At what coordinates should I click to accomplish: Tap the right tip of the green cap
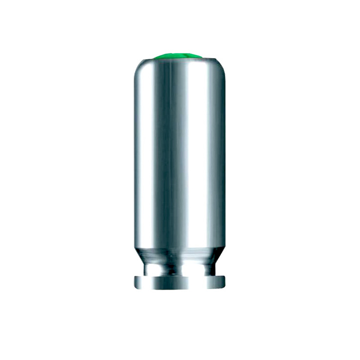(x=203, y=57)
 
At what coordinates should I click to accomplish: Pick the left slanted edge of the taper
(x=140, y=255)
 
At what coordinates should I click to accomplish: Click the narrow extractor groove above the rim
(x=180, y=268)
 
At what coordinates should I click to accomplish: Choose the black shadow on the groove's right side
(x=210, y=268)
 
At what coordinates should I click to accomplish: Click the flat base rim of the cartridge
(x=180, y=282)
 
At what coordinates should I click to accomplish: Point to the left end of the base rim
(x=136, y=282)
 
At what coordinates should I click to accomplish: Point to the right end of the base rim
(x=224, y=282)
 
